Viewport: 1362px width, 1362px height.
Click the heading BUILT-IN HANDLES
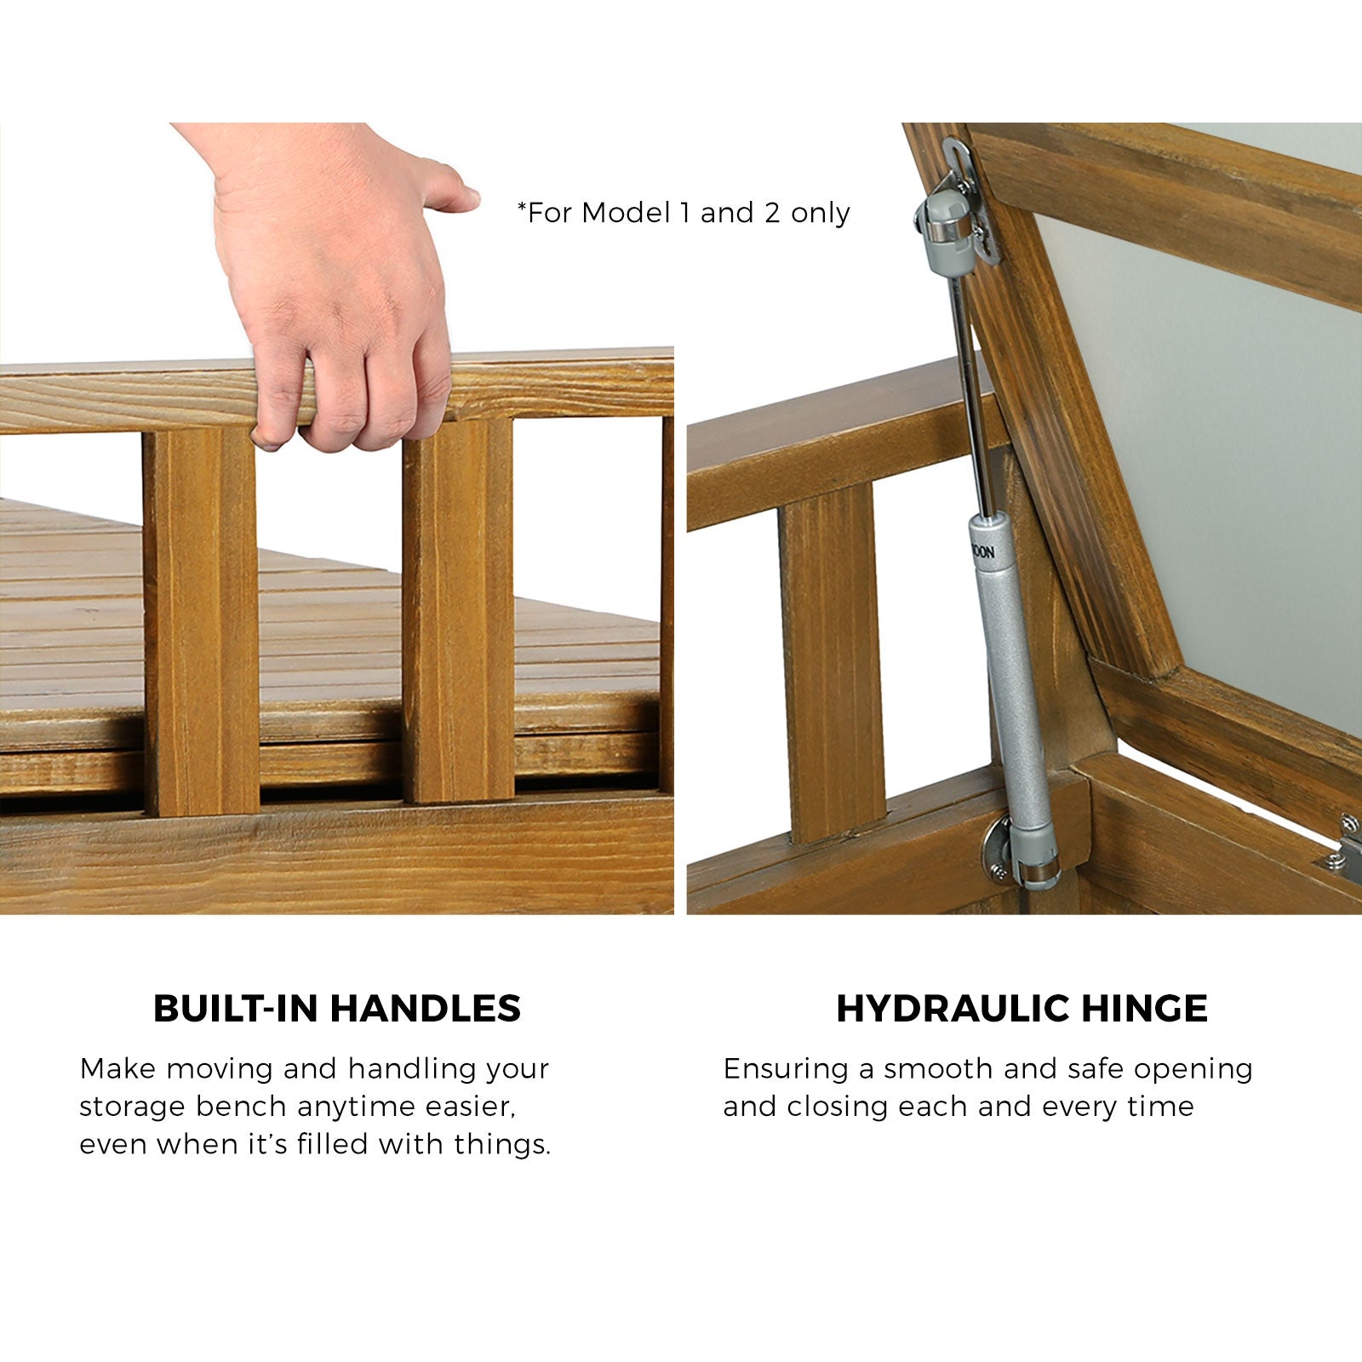click(x=337, y=1009)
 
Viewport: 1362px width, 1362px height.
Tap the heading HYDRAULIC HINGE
click(x=1021, y=1009)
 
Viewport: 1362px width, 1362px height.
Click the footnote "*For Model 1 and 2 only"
click(x=684, y=213)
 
